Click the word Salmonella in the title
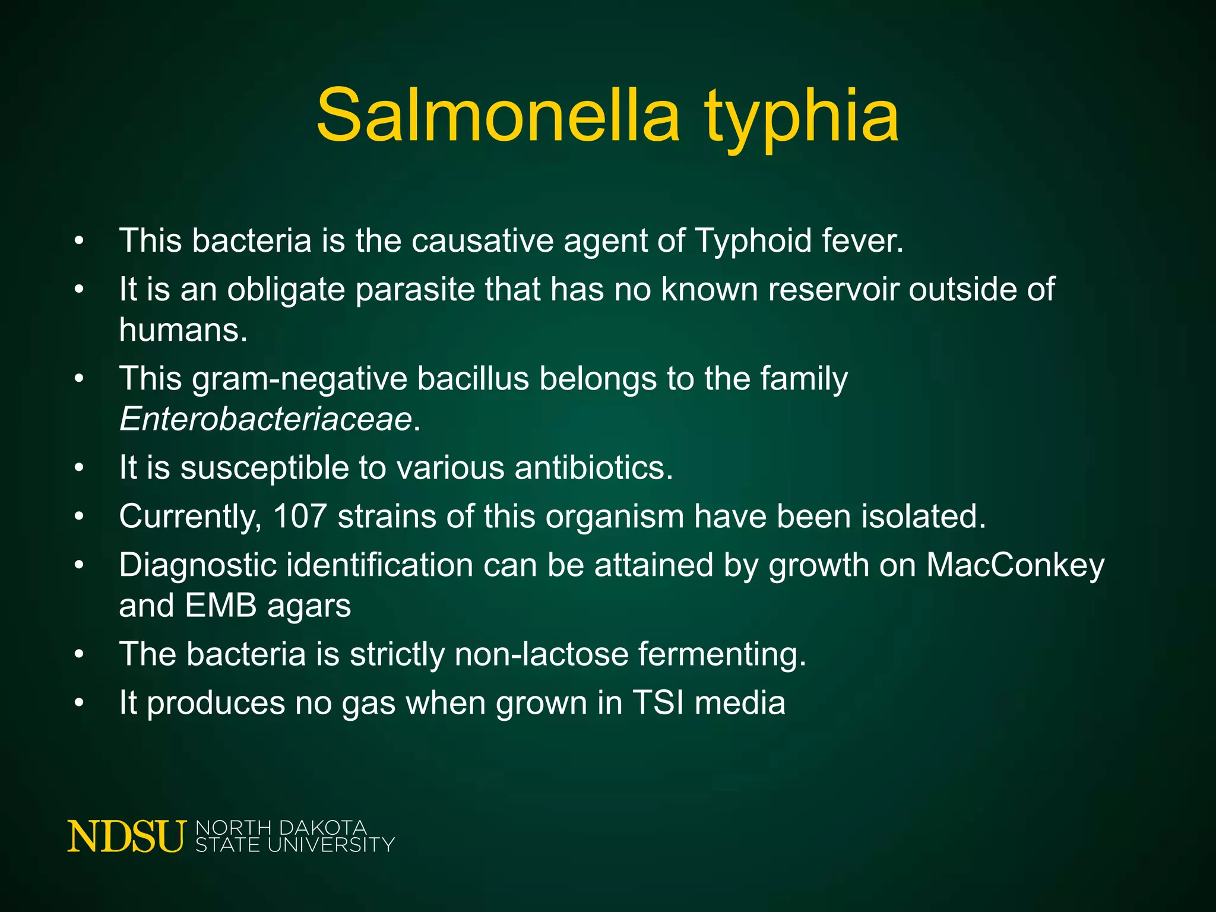pyautogui.click(x=498, y=115)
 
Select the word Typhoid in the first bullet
pyautogui.click(x=753, y=241)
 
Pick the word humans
pyautogui.click(x=182, y=330)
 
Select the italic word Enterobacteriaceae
pyautogui.click(x=265, y=419)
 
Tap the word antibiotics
pyautogui.click(x=594, y=468)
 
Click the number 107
pyautogui.click(x=300, y=516)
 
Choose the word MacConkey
pyautogui.click(x=1015, y=565)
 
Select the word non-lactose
pyautogui.click(x=541, y=654)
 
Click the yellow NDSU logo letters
pyautogui.click(x=126, y=837)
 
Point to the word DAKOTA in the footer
pyautogui.click(x=322, y=828)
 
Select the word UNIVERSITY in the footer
pyautogui.click(x=331, y=845)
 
